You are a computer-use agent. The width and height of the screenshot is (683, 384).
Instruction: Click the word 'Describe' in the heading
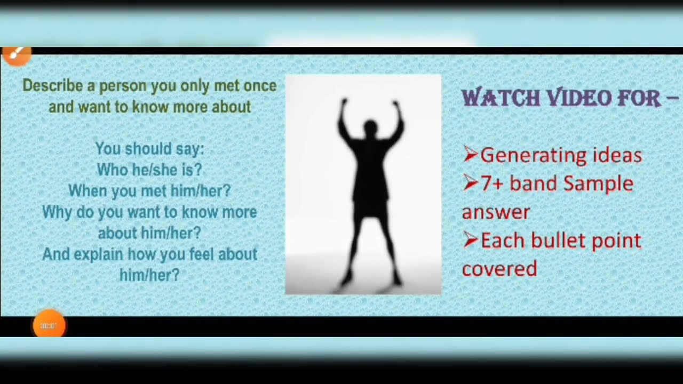pyautogui.click(x=52, y=86)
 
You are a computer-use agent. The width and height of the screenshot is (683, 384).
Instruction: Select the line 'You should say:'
pyautogui.click(x=149, y=149)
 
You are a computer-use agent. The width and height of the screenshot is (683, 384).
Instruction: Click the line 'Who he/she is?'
pyautogui.click(x=149, y=170)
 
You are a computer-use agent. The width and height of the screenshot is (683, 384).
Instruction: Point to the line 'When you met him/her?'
pyautogui.click(x=149, y=191)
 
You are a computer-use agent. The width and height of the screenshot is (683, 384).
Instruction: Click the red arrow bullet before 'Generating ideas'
pyautogui.click(x=470, y=155)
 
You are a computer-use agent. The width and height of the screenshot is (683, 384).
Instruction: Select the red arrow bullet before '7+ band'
pyautogui.click(x=470, y=184)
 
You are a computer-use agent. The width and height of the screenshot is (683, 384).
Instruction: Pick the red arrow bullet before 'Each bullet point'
pyautogui.click(x=470, y=241)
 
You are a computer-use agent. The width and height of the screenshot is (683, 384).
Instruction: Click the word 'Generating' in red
pyautogui.click(x=526, y=156)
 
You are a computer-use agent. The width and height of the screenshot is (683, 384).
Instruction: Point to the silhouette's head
pyautogui.click(x=370, y=128)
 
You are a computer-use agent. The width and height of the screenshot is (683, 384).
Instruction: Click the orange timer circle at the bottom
pyautogui.click(x=49, y=325)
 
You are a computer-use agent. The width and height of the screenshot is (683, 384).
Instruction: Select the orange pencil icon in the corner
pyautogui.click(x=16, y=54)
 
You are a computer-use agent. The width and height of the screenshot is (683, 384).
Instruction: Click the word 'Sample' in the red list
pyautogui.click(x=598, y=184)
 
